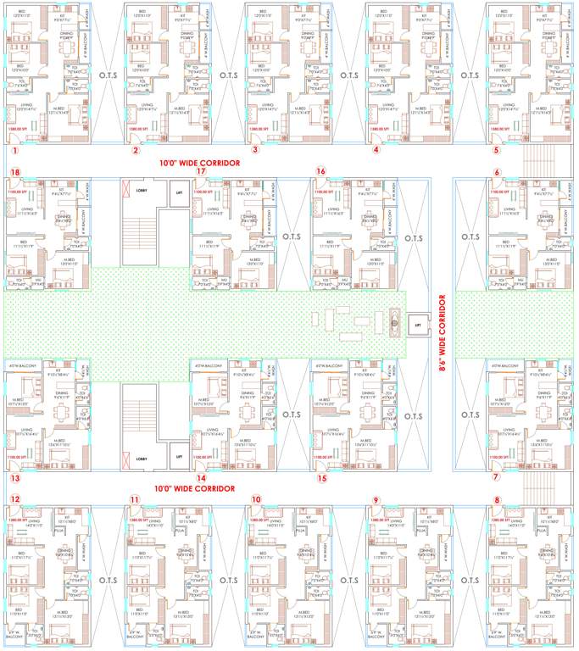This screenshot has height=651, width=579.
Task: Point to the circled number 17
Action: tap(201, 172)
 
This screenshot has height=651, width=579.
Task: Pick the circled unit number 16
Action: tap(320, 172)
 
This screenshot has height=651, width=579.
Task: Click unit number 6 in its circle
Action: tap(497, 172)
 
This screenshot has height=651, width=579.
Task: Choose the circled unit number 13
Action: tap(14, 478)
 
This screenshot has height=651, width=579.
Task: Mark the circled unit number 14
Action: tap(201, 478)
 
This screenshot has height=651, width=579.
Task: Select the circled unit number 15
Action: tap(321, 478)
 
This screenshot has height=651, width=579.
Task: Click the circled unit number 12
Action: tap(14, 498)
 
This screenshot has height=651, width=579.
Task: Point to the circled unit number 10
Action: tap(256, 498)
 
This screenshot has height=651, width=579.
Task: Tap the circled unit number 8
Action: tap(497, 498)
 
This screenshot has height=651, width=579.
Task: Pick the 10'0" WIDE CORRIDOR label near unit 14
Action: tap(194, 489)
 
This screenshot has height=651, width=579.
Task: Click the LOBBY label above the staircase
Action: tap(142, 192)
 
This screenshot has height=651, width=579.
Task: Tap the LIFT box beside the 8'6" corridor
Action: tap(417, 324)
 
